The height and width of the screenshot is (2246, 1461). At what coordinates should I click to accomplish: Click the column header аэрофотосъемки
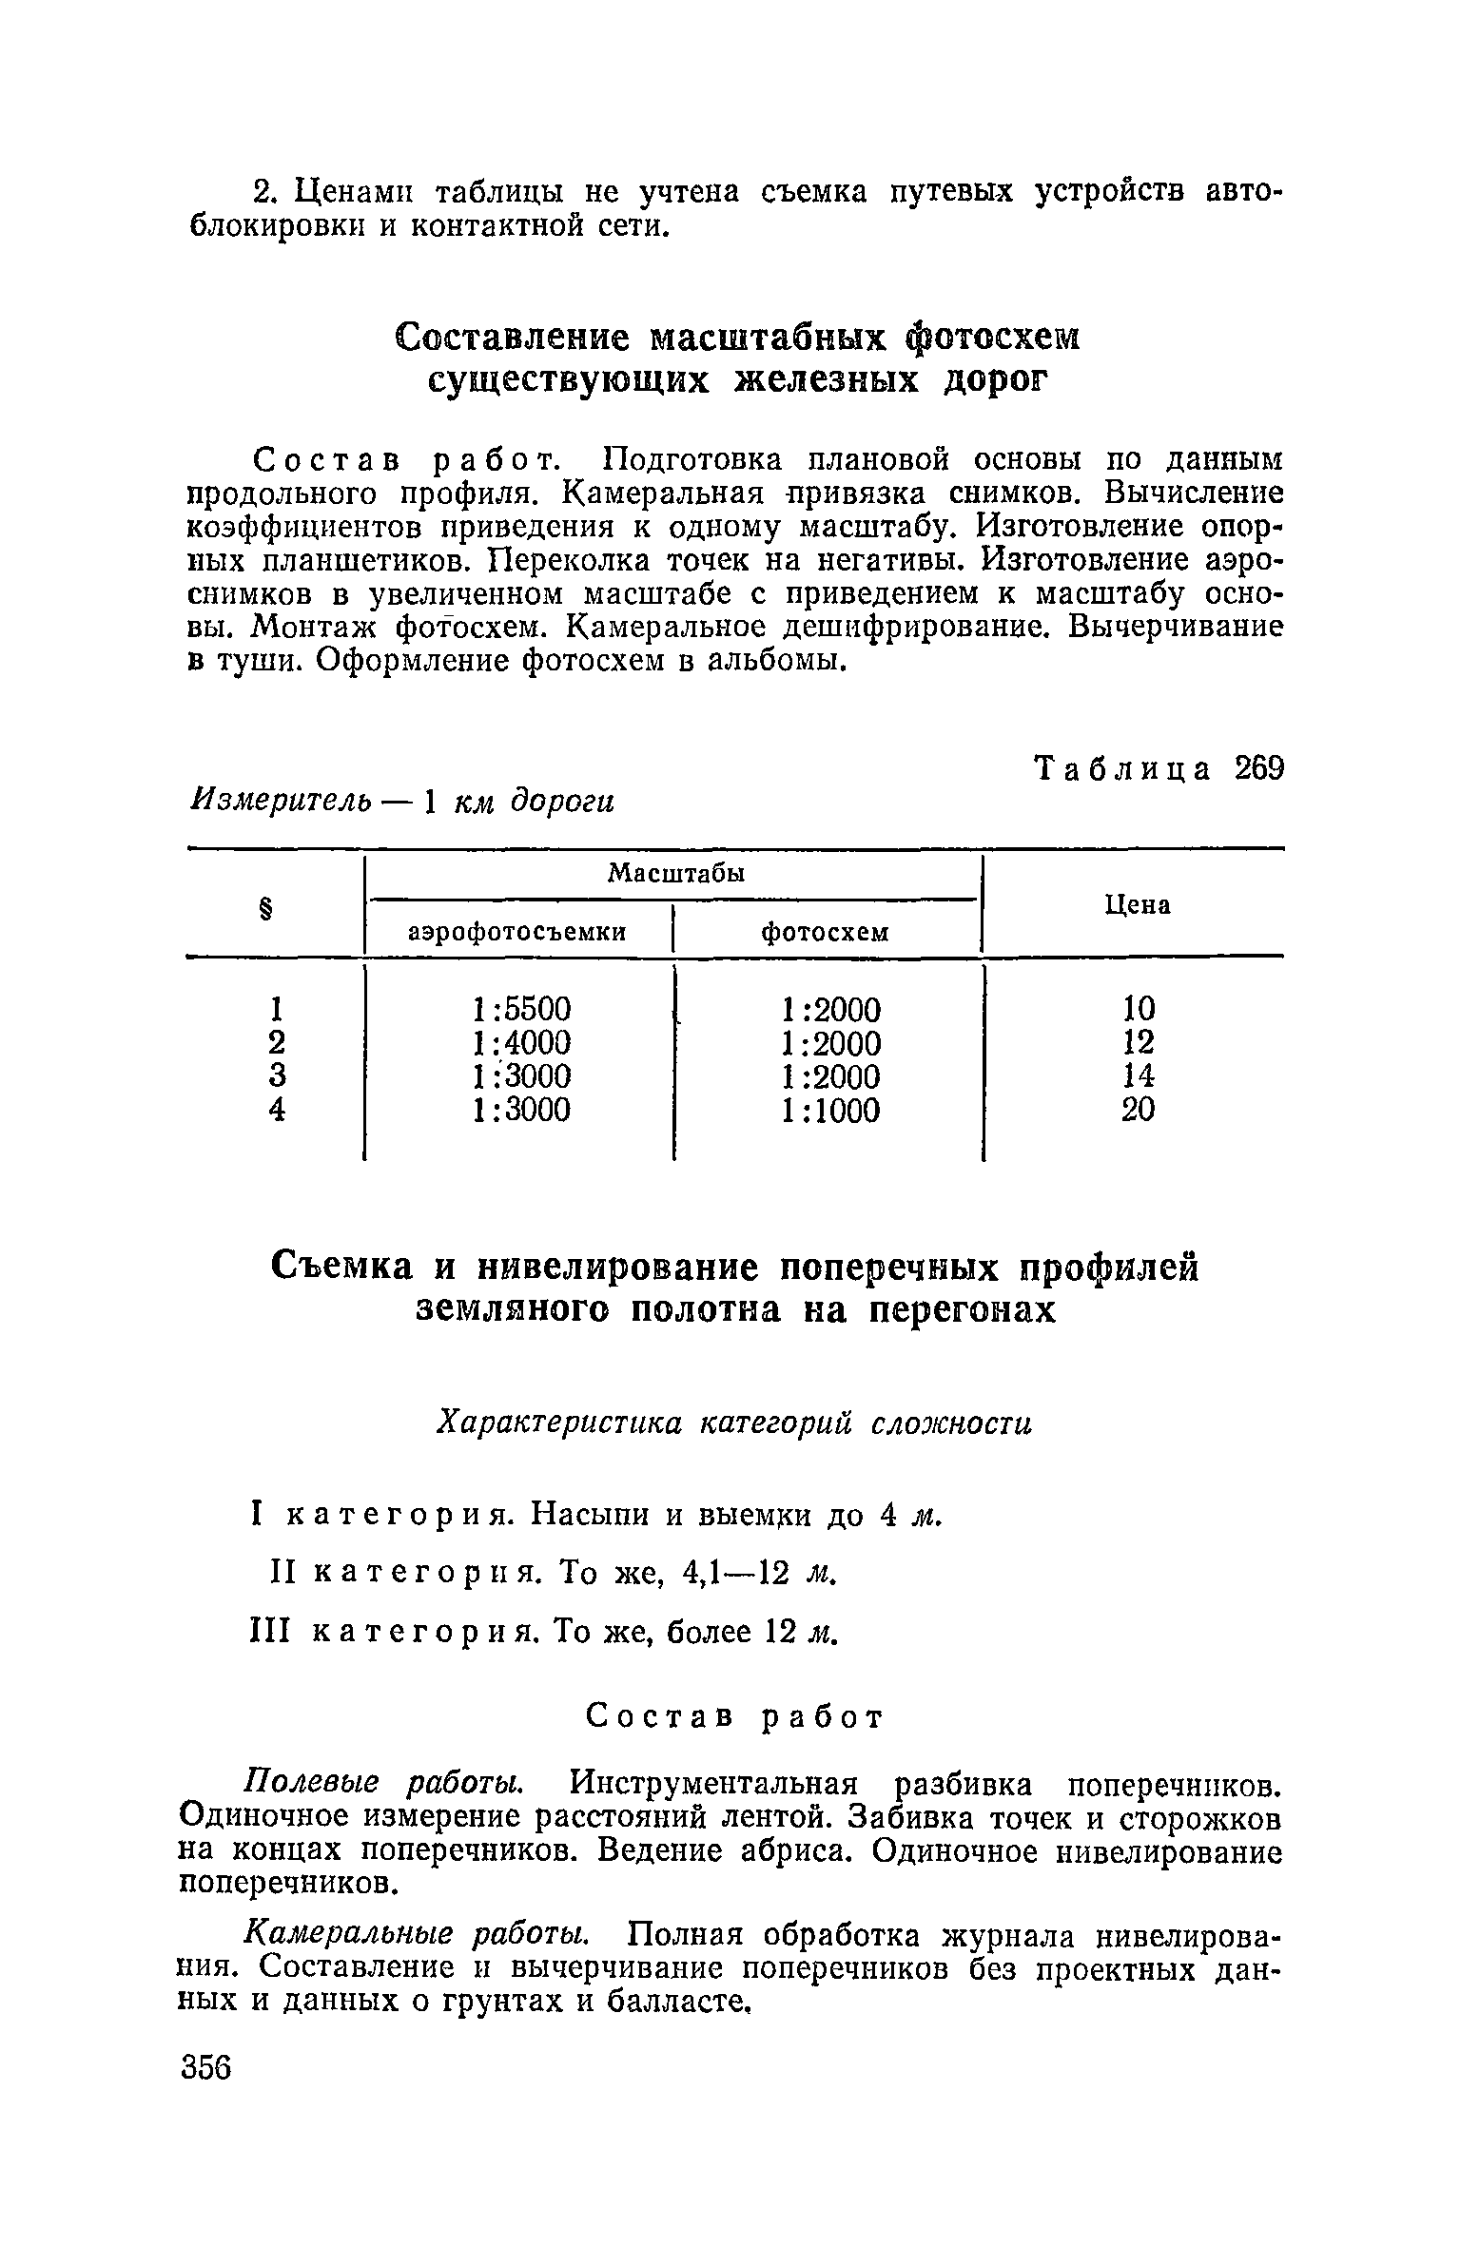517,933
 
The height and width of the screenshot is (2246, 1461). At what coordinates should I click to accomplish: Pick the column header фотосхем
825,933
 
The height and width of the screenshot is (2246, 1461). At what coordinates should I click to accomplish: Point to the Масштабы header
675,873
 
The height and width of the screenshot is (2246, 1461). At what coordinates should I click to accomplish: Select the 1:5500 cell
521,1008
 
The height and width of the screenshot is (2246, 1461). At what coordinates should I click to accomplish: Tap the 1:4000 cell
521,1042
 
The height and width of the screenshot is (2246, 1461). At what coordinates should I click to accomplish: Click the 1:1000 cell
830,1110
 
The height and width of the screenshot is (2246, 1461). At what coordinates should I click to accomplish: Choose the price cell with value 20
1138,1110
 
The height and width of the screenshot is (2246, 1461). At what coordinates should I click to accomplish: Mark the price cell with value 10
1138,1008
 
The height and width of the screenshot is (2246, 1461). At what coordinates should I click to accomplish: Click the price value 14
1138,1075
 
